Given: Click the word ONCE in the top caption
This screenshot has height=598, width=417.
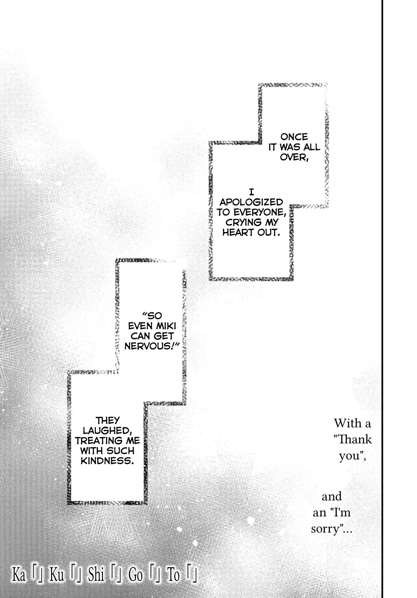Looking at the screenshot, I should pyautogui.click(x=294, y=137).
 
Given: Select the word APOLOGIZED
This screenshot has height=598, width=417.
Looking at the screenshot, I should pyautogui.click(x=251, y=202).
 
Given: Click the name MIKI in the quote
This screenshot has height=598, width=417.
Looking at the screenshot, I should pyautogui.click(x=165, y=326).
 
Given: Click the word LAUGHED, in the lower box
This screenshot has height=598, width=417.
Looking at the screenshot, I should pyautogui.click(x=102, y=431).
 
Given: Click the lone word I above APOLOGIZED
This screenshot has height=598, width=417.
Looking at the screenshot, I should pyautogui.click(x=251, y=193).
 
